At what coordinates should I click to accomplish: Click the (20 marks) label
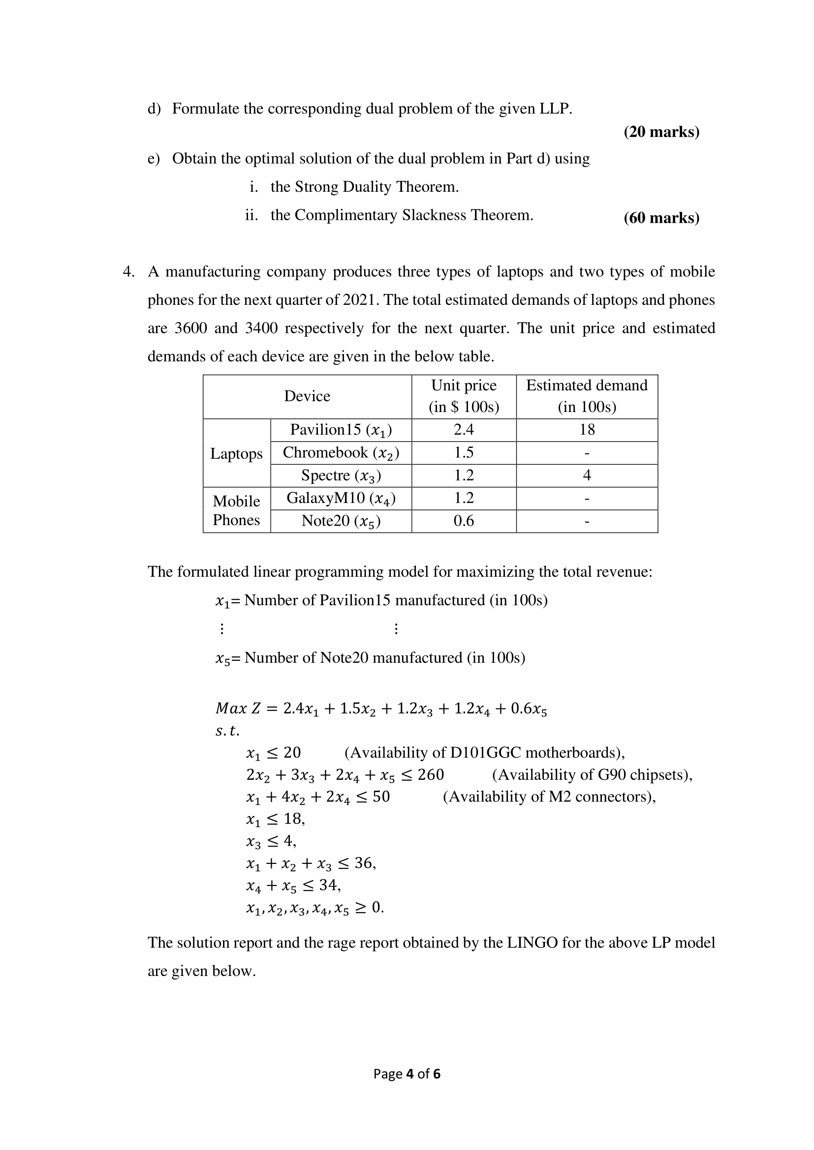point(661,132)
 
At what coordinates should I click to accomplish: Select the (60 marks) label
point(661,218)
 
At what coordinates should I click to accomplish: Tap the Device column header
point(307,396)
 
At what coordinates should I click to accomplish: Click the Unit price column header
point(464,396)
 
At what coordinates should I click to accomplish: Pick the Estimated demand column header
point(587,396)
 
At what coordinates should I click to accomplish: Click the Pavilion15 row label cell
point(341,430)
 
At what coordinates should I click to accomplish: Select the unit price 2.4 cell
point(464,429)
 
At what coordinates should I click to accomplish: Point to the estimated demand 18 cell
point(587,429)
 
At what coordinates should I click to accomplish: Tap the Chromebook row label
point(341,452)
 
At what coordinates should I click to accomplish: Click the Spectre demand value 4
point(587,475)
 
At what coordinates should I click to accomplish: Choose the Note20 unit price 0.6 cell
point(464,521)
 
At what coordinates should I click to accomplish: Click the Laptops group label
point(236,453)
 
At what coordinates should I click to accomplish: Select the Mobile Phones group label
point(236,510)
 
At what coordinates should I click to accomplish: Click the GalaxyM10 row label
point(341,498)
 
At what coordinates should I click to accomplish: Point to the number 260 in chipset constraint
point(431,774)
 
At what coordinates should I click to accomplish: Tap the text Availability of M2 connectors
point(549,796)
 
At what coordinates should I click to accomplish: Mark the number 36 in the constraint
point(363,862)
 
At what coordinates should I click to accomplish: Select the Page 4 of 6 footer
point(407,1073)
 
